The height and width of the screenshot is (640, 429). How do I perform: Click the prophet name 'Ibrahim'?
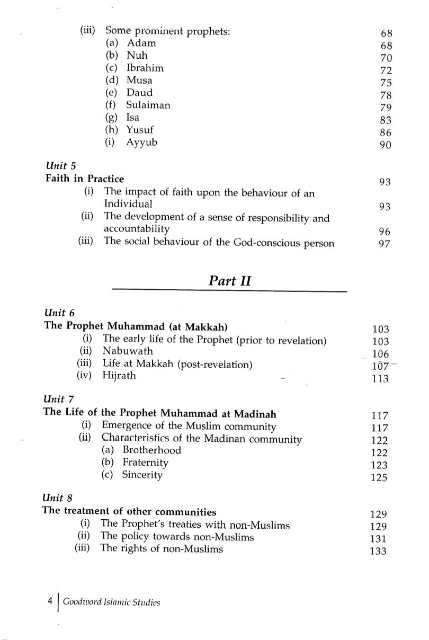point(145,68)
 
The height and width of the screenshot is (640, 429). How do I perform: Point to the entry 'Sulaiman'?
point(148,105)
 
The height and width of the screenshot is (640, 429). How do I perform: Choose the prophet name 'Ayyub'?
point(142,142)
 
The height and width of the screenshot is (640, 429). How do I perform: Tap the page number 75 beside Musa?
point(385,83)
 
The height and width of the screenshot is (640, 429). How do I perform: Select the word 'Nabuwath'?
point(128,351)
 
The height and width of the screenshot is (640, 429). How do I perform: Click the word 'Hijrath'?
point(119,376)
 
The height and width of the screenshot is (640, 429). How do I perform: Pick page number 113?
point(380,379)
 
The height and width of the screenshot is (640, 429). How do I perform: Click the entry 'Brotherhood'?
point(151,450)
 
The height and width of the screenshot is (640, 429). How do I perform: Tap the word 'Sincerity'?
point(142,475)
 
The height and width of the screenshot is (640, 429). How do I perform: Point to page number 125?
point(379,478)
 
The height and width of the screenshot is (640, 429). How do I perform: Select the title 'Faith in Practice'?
point(85,179)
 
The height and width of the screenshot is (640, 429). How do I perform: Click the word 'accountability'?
point(137,229)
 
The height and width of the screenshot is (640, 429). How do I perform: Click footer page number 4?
point(50,602)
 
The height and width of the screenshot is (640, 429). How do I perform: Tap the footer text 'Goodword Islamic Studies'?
point(111,602)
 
